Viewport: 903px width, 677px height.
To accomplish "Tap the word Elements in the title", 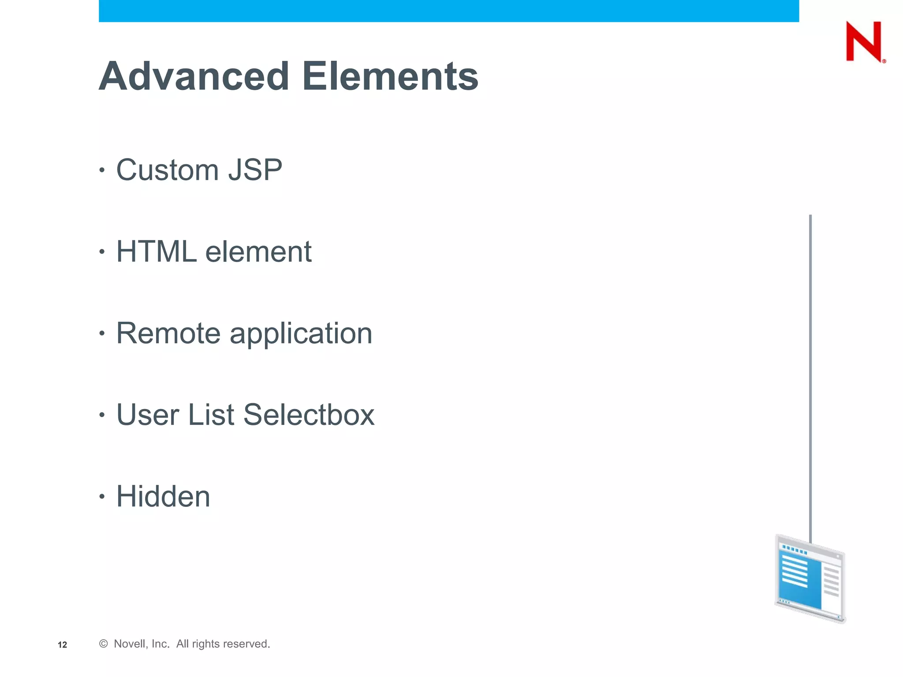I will coord(390,76).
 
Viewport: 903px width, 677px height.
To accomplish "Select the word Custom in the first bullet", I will coord(168,170).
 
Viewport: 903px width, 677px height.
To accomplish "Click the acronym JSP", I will coord(255,170).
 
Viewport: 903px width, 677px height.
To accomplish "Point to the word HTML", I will coord(156,252).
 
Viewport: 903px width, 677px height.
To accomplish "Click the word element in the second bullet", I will coord(258,252).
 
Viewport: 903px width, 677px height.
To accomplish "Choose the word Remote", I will coord(168,333).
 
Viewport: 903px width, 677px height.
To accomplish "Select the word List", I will coord(211,415).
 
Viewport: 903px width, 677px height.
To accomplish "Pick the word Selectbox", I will coord(309,415).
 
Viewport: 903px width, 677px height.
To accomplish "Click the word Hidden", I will coord(163,496).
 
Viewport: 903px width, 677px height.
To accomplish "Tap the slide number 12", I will coord(63,645).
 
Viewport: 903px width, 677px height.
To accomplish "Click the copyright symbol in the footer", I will coord(104,644).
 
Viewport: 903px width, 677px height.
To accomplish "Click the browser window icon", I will coord(810,579).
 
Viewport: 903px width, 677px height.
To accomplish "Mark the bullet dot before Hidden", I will coord(102,497).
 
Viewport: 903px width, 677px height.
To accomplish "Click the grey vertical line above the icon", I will coord(810,375).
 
